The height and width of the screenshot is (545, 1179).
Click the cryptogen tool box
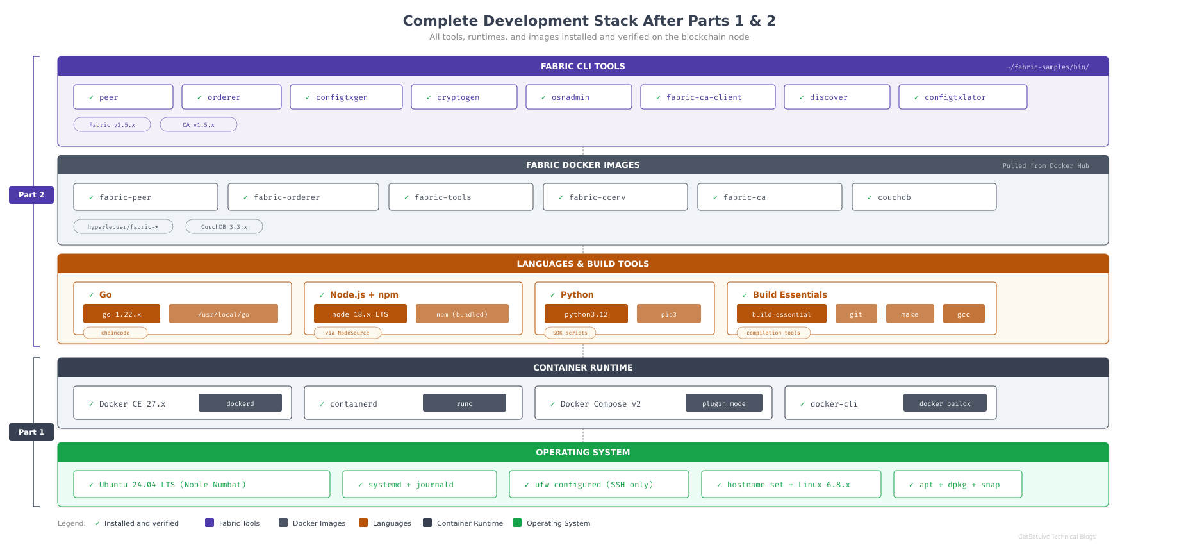[x=464, y=97]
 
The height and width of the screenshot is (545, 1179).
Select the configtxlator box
[x=962, y=97]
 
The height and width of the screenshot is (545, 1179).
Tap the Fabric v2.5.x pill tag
[x=112, y=124]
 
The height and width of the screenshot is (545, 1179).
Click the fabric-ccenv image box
[x=615, y=197]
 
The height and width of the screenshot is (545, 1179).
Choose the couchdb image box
[x=923, y=197]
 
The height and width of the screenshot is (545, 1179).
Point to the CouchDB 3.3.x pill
[x=224, y=226]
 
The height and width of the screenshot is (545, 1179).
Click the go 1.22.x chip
[x=122, y=314]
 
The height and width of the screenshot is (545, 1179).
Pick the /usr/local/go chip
[x=224, y=314]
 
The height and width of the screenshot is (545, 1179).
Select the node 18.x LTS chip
[x=360, y=314]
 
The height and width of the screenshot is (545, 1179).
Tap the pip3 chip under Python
[x=668, y=314]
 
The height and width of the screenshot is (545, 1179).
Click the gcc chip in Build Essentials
[x=963, y=314]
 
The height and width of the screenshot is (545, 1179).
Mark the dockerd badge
[x=240, y=403]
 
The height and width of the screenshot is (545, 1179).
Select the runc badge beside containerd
[x=465, y=403]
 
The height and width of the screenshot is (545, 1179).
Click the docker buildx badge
[x=944, y=403]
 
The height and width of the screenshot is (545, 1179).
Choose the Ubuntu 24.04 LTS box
[x=202, y=484]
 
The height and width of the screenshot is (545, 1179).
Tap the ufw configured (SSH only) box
[x=598, y=484]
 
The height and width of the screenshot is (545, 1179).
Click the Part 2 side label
[x=31, y=195]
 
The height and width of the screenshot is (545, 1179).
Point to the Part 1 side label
[x=31, y=432]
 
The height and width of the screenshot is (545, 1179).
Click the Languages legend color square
[x=363, y=523]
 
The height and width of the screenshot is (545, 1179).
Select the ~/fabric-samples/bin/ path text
[x=1047, y=67]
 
